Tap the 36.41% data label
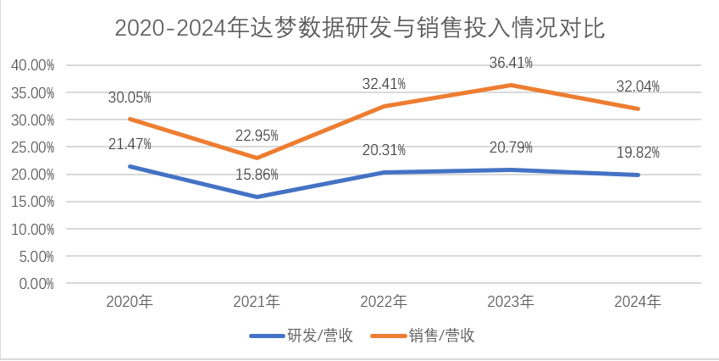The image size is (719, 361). [x=512, y=63]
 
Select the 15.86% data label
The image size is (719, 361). [x=257, y=175]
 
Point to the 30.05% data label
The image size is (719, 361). [x=130, y=97]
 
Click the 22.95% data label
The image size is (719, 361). [x=257, y=136]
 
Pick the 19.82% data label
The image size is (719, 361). [x=639, y=153]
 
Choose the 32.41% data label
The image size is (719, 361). [x=384, y=84]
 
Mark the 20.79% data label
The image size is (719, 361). [x=512, y=148]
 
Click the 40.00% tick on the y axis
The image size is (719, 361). [x=32, y=65]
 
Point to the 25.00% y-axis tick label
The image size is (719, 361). [x=32, y=147]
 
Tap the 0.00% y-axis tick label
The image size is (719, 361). [x=36, y=284]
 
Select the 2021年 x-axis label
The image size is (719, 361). [x=257, y=302]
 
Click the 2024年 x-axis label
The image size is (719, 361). [x=639, y=302]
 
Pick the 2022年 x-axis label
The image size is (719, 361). [x=384, y=302]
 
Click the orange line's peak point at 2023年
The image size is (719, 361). [x=512, y=85]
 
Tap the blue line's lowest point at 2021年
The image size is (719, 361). [x=257, y=197]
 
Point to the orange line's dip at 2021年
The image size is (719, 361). [x=257, y=158]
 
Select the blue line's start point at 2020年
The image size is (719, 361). [x=130, y=166]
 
